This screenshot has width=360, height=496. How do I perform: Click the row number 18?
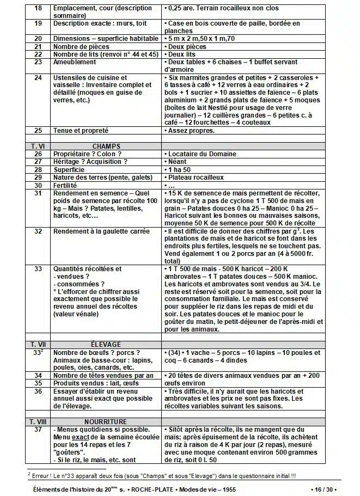tap(38, 9)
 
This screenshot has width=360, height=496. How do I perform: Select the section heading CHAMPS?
tap(106, 146)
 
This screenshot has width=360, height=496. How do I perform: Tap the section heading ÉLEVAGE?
tap(105, 344)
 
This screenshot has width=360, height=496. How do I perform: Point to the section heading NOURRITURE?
tap(106, 421)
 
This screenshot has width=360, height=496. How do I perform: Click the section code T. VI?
tap(38, 146)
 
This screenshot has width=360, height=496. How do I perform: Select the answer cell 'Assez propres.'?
tap(191, 131)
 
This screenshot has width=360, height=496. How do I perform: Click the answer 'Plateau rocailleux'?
tap(196, 177)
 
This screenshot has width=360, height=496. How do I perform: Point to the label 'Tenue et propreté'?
tap(81, 131)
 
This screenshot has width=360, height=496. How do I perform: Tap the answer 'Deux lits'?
tap(182, 54)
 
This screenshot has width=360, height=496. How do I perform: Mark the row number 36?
tap(38, 391)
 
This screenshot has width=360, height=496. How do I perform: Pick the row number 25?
tap(38, 131)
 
